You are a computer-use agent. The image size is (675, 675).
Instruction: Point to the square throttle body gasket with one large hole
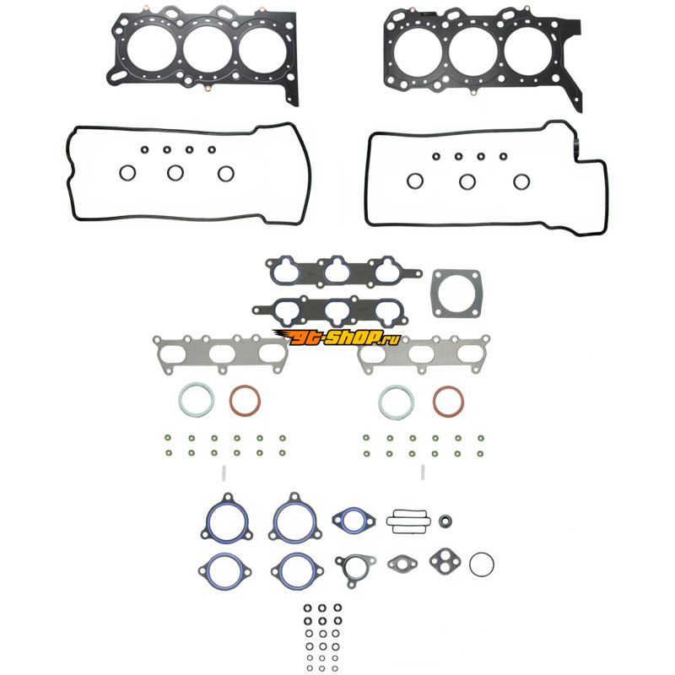pos(456,294)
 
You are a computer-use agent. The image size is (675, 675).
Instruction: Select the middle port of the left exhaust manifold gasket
pos(222,354)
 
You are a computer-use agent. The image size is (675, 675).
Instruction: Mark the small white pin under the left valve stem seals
pos(224,473)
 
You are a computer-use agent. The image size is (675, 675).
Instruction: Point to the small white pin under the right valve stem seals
pos(423,472)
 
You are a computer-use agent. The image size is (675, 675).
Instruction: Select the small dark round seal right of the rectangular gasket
pos(445,521)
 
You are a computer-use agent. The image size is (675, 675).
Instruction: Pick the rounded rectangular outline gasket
pos(408,511)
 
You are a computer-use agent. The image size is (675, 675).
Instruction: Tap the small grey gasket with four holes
pos(445,561)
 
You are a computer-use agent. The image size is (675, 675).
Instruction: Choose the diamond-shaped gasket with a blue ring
pos(354,510)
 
